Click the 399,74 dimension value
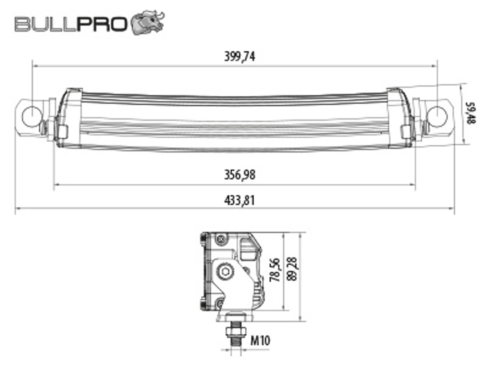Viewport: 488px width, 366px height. click(239, 56)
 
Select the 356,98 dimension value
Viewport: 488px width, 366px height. click(239, 175)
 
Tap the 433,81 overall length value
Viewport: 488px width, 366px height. click(239, 201)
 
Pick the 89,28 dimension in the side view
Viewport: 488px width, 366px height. click(292, 269)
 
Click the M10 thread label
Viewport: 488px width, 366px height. click(260, 341)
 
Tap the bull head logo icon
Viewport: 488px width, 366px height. click(148, 22)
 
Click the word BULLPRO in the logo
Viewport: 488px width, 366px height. click(71, 24)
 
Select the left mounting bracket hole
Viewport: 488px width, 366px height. click(32, 116)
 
